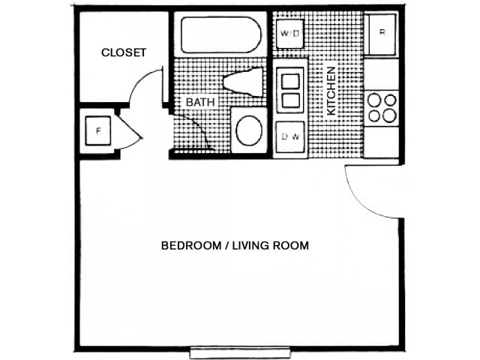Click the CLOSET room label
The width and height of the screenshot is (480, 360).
(x=124, y=52)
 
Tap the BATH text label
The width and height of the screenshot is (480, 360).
(x=200, y=101)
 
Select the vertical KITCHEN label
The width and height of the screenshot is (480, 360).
(x=330, y=91)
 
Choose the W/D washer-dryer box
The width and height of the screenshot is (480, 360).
(x=289, y=34)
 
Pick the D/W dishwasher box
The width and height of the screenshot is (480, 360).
(x=289, y=138)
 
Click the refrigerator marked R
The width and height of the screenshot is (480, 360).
(x=382, y=34)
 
